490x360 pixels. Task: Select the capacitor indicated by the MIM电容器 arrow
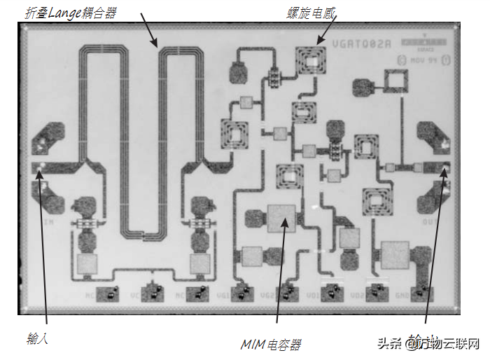(x=281, y=219)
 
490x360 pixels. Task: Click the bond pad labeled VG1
(x=242, y=293)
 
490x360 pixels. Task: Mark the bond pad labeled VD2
(x=377, y=293)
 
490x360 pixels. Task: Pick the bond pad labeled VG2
(x=287, y=293)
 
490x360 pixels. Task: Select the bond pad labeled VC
(x=153, y=293)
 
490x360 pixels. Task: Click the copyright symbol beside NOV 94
(x=445, y=60)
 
